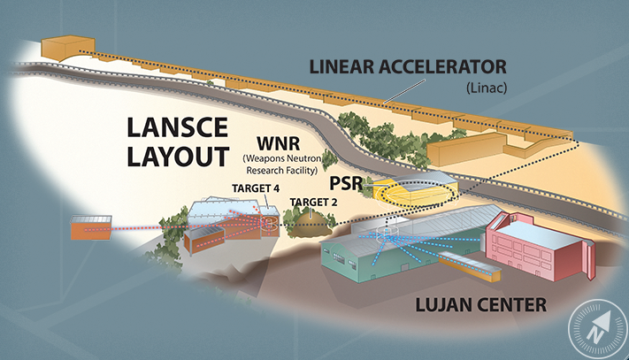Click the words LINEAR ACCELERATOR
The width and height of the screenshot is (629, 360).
[408, 66]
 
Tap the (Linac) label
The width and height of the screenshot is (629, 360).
[487, 88]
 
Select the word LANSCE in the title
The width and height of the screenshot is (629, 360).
[177, 127]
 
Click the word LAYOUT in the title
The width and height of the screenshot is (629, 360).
[178, 157]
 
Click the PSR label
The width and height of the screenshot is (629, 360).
[346, 184]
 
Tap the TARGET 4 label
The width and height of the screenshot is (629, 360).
[256, 188]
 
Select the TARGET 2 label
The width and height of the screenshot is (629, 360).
[313, 202]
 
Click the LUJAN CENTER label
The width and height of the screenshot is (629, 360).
[480, 304]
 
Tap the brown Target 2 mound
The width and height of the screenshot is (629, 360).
[311, 226]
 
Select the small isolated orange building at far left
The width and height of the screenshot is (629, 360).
[91, 227]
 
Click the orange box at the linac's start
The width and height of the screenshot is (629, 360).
[67, 47]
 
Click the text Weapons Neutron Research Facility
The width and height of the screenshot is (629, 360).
[281, 165]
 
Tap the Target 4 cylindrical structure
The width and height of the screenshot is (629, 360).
[269, 226]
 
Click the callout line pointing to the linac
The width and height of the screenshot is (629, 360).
[404, 91]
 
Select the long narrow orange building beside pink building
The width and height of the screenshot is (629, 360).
[470, 266]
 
